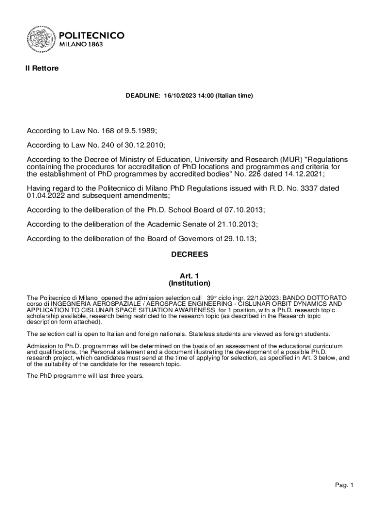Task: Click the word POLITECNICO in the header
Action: (x=92, y=36)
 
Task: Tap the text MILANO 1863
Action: (x=81, y=44)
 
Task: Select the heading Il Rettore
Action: (x=42, y=69)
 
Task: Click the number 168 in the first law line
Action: (x=107, y=131)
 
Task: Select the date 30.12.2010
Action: (x=142, y=145)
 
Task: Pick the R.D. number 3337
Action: (x=304, y=188)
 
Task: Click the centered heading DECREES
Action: (x=189, y=255)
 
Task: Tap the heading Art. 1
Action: (x=189, y=276)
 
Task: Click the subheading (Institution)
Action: (x=189, y=284)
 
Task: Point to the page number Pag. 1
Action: (x=345, y=485)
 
